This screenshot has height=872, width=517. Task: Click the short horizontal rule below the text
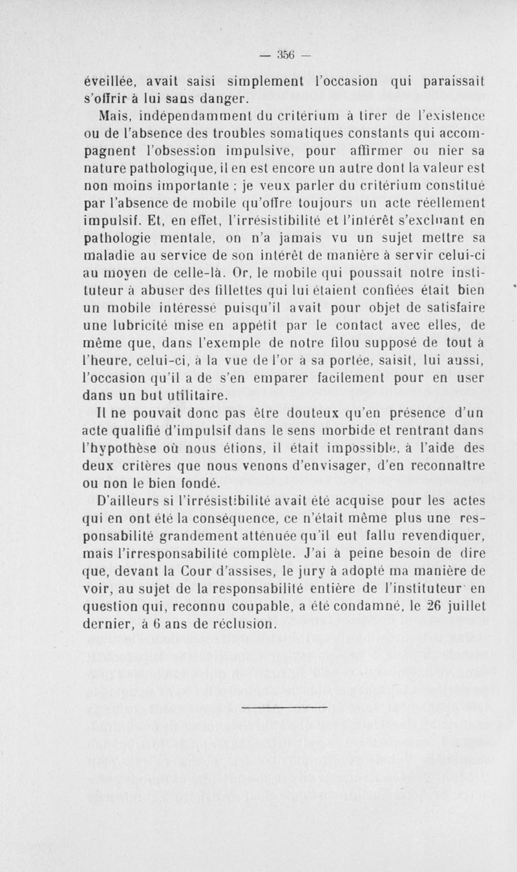coord(284,706)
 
